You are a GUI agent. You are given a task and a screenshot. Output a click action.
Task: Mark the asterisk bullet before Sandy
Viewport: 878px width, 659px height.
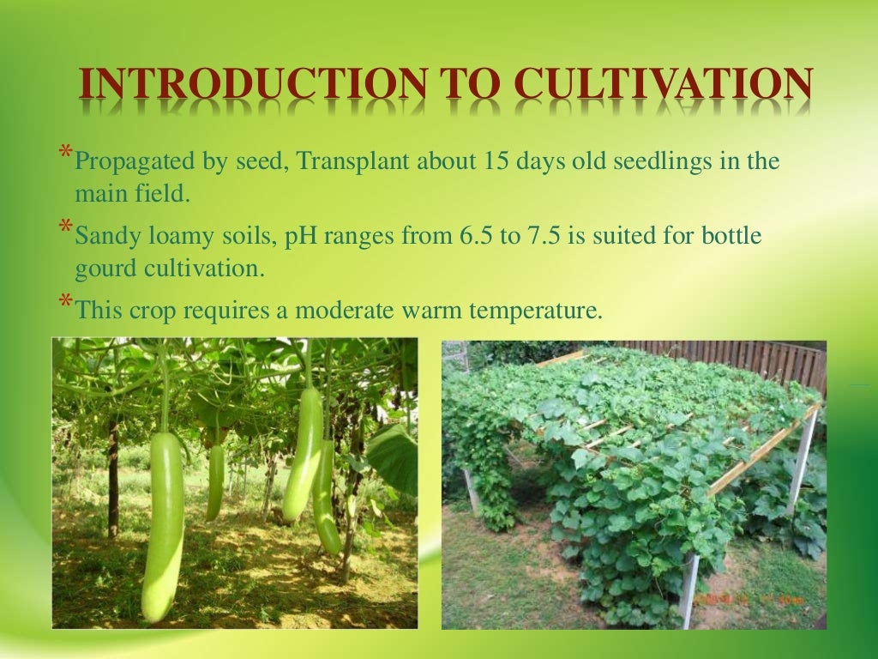pyautogui.click(x=66, y=228)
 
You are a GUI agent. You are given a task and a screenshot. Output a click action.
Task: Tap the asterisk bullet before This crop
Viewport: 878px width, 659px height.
pyautogui.click(x=66, y=302)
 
